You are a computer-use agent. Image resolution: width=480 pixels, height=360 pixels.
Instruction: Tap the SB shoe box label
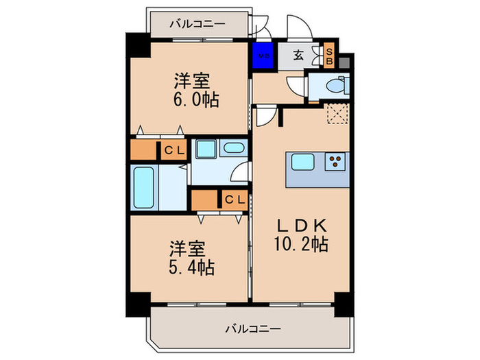pyautogui.click(x=329, y=56)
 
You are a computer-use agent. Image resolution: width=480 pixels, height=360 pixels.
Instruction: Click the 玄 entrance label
pyautogui.click(x=300, y=56)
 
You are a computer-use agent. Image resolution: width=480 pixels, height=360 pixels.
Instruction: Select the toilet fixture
pyautogui.click(x=333, y=86)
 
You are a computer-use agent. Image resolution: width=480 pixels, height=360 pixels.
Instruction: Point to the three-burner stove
pyautogui.click(x=335, y=162)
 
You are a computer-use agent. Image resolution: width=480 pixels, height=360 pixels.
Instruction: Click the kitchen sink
pyautogui.click(x=302, y=162)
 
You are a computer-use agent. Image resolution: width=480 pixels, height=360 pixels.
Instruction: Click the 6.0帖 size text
pyautogui.click(x=196, y=101)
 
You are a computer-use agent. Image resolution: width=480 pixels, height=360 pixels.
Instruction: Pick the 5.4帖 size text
pyautogui.click(x=193, y=266)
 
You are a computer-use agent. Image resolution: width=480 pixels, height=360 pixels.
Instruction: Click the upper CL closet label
pyautogui.click(x=173, y=151)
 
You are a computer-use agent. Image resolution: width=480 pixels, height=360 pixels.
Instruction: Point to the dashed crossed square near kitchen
pyautogui.click(x=336, y=111)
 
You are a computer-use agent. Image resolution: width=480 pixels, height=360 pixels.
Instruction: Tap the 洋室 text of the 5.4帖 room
pyautogui.click(x=187, y=247)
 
